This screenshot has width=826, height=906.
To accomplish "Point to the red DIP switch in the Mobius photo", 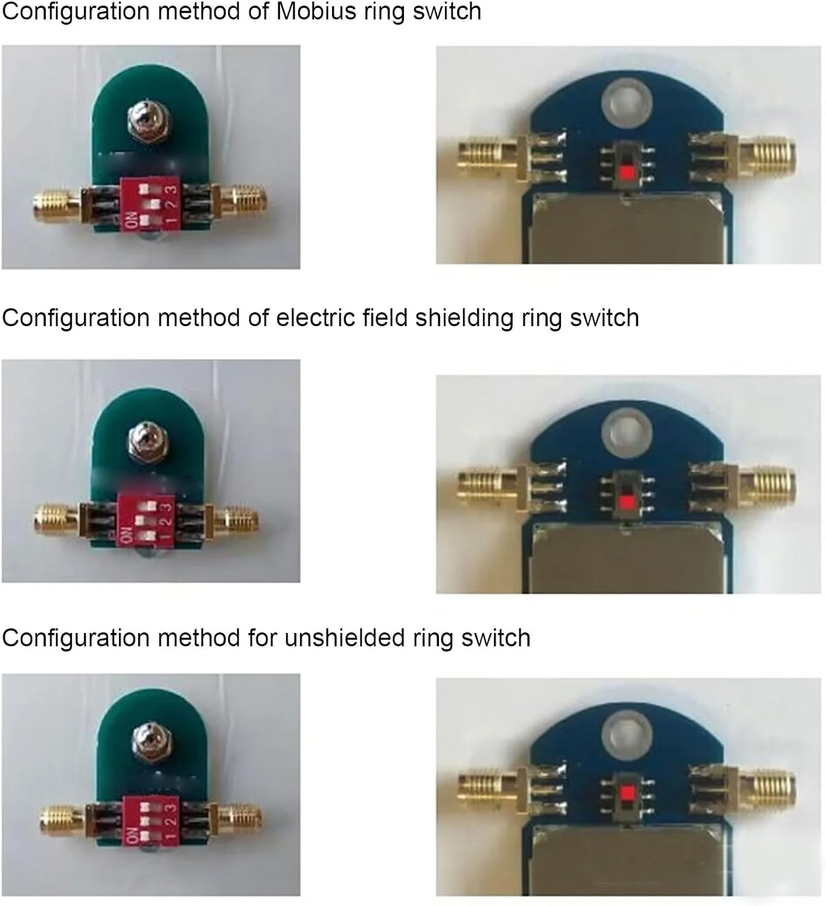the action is coord(150,205).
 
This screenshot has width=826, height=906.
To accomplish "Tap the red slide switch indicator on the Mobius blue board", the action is coord(626,173).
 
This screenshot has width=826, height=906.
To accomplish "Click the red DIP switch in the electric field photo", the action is coord(146,520).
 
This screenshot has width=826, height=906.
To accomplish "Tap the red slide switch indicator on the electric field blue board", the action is coord(626,503).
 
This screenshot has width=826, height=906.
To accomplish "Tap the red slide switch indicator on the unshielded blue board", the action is coord(626,793).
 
